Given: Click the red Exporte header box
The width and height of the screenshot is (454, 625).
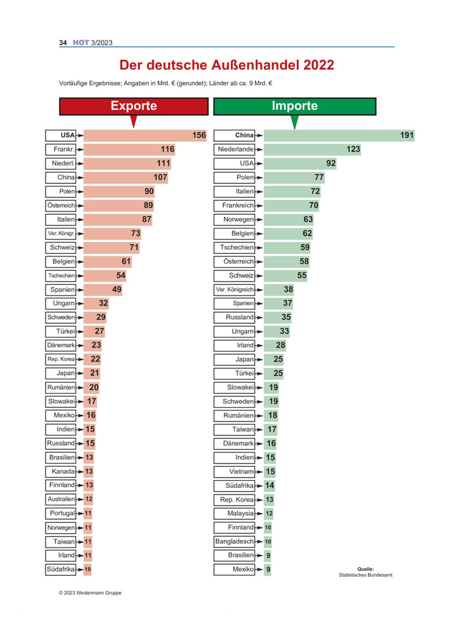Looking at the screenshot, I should tap(133, 106).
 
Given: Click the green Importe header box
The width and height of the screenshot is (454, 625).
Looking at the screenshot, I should tap(294, 106).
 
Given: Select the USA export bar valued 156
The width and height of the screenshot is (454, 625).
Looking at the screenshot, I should tap(145, 135).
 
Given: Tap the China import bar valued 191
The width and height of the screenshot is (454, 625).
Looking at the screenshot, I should tap(339, 135).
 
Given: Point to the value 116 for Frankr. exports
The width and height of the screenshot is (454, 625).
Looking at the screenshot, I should tap(167, 149).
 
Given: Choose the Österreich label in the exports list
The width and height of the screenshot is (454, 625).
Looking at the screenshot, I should tap(61, 205).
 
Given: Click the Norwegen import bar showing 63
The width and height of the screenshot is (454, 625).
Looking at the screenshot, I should tap(288, 219).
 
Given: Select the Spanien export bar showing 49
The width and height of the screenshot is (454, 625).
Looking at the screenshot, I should tap(103, 289).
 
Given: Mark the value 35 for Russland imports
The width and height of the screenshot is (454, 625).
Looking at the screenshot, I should tap(286, 318).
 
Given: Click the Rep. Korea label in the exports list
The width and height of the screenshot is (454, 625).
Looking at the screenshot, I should tap(61, 359).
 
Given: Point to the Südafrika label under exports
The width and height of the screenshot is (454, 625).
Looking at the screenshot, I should tap(61, 570).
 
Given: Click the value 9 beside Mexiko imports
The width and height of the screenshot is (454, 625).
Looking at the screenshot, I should tap(269, 570).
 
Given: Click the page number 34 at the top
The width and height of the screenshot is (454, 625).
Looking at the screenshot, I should tap(63, 43).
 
